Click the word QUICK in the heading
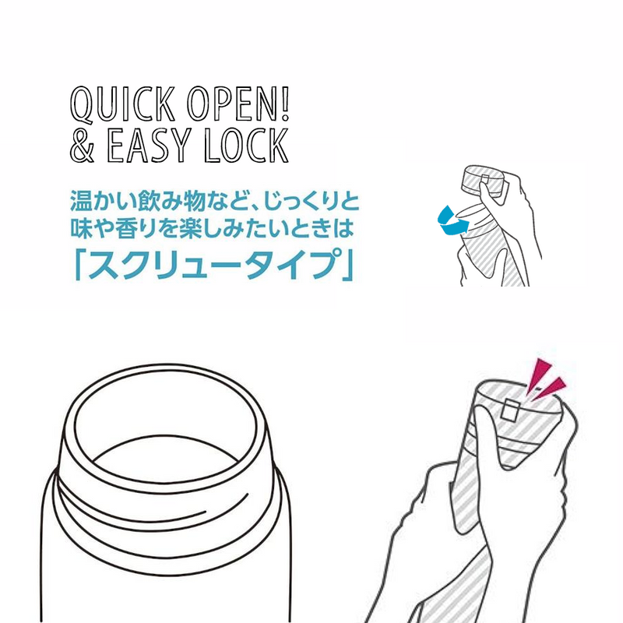tap(123, 104)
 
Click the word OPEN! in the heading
tap(238, 104)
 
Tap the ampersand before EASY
tap(83, 145)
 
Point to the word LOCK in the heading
tap(246, 145)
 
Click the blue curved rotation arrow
tap(453, 222)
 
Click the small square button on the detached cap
tap(485, 179)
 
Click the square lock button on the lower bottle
tap(509, 411)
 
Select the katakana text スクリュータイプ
tap(213, 263)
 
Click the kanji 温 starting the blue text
tap(82, 201)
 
